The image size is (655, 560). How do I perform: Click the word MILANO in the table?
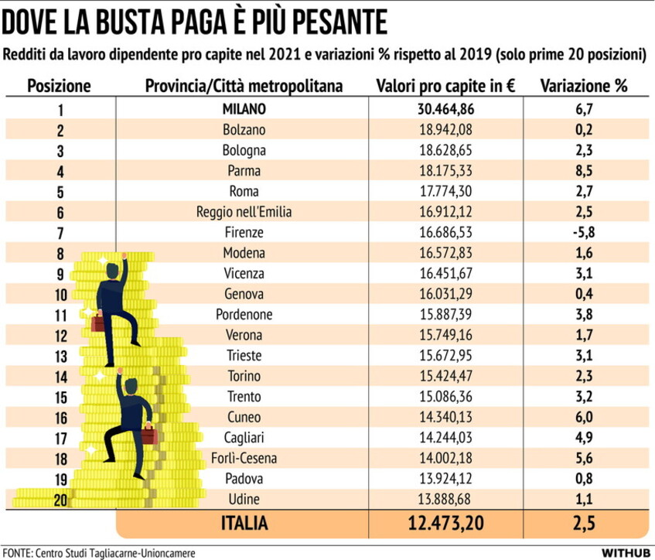click(242, 109)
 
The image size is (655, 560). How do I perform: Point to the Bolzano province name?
click(242, 130)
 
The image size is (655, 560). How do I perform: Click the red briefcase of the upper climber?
click(98, 323)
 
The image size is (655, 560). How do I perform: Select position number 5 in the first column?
click(60, 192)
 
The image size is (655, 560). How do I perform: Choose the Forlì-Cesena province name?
click(242, 459)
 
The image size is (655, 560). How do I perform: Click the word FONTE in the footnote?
click(17, 552)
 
